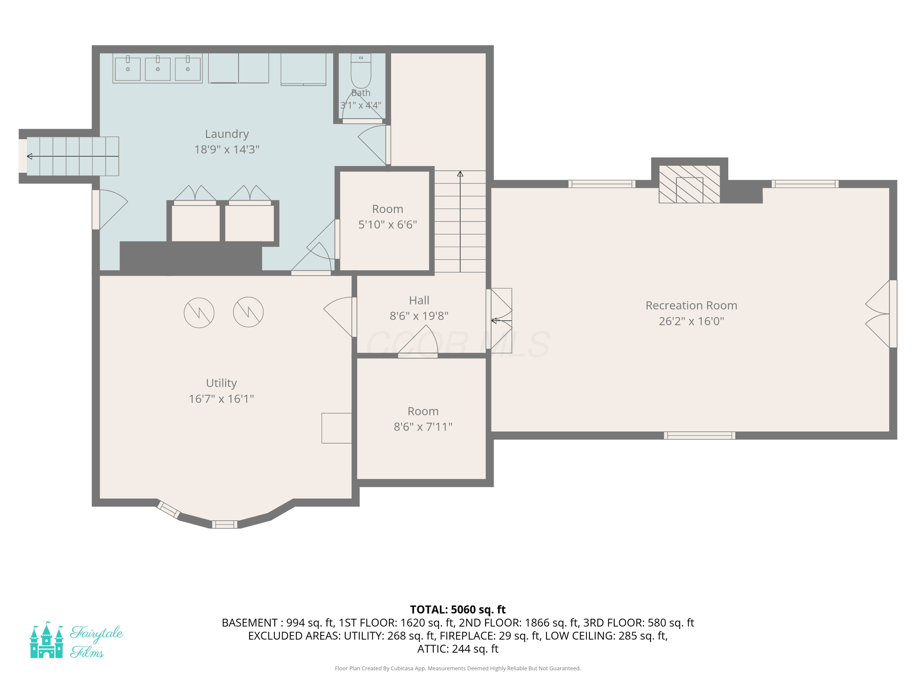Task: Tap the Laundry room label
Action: (227, 134)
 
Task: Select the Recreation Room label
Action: (691, 306)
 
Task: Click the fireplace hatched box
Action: (689, 184)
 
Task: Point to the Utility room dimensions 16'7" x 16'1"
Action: (221, 399)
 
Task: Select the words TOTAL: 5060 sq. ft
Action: (458, 609)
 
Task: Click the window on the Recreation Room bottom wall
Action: (700, 435)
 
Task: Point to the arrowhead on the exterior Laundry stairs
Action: (29, 156)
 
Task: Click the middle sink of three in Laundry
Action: (158, 69)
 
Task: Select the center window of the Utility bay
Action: (224, 525)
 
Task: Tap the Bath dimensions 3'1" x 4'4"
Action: (361, 105)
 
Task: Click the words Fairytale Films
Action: (96, 642)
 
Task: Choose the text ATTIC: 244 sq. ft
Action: (458, 649)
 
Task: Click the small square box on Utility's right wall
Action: (337, 428)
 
